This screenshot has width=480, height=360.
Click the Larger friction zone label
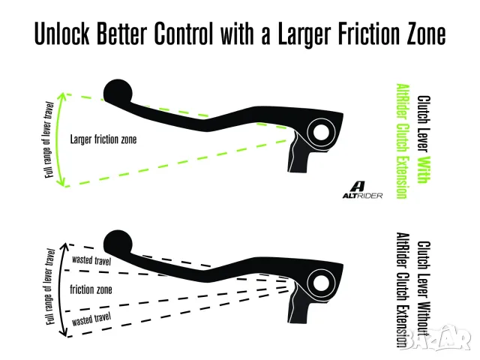click(x=103, y=139)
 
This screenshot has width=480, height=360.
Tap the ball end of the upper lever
click(x=118, y=91)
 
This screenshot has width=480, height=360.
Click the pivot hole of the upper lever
click(x=321, y=132)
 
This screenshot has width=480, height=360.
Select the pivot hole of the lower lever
click(x=321, y=283)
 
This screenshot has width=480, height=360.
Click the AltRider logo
click(x=362, y=190)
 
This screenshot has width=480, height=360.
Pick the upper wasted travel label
click(x=91, y=260)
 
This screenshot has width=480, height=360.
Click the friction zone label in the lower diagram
click(x=91, y=289)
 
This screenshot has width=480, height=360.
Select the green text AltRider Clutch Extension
click(x=403, y=141)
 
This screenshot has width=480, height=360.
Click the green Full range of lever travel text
click(x=49, y=140)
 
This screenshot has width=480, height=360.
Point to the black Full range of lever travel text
click(x=50, y=286)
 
